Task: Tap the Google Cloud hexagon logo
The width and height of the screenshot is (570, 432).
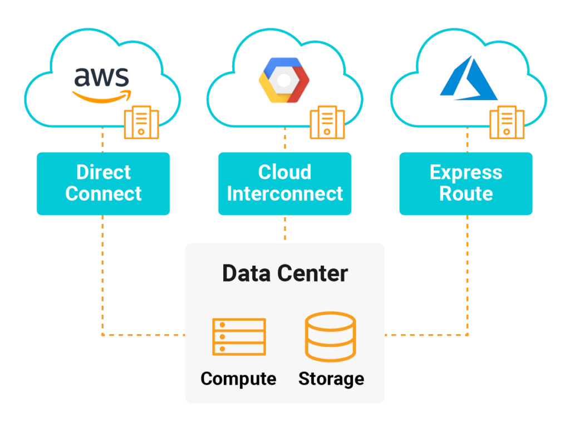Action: pos(284,80)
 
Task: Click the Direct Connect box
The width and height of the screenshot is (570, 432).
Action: pos(103,183)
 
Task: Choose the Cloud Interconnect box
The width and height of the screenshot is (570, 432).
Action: pos(284,183)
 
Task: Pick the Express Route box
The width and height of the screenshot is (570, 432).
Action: pos(466,183)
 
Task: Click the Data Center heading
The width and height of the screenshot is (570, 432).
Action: pos(284,274)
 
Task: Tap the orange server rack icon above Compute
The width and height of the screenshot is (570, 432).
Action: pos(239,336)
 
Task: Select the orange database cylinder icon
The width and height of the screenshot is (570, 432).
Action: pos(330,336)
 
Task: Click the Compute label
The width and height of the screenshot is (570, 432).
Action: pos(238,379)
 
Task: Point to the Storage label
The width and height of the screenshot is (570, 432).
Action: pos(331,379)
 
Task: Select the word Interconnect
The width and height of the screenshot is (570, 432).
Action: pos(284,194)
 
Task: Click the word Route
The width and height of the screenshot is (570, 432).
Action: pos(466,194)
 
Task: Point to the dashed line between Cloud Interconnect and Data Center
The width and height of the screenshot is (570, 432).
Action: pos(285,229)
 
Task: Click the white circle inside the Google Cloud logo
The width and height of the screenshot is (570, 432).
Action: pos(284,80)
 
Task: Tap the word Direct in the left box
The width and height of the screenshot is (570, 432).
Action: pos(103,172)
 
